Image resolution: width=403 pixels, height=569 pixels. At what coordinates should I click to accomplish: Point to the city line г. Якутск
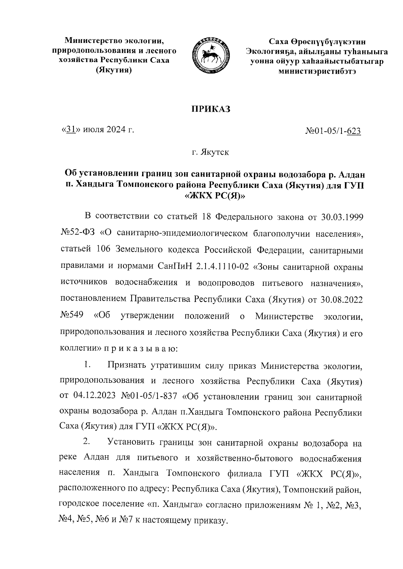click(211, 153)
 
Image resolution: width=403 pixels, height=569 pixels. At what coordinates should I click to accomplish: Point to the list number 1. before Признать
click(87, 364)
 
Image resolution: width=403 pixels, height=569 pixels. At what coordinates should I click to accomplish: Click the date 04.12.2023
click(93, 397)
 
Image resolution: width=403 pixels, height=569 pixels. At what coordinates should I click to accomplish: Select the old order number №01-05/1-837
click(149, 397)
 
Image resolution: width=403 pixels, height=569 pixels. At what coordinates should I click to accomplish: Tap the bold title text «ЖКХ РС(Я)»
click(215, 197)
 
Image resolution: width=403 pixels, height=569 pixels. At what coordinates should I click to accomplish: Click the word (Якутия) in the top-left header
click(114, 70)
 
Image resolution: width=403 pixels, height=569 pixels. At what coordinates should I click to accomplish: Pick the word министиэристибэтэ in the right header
click(315, 71)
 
